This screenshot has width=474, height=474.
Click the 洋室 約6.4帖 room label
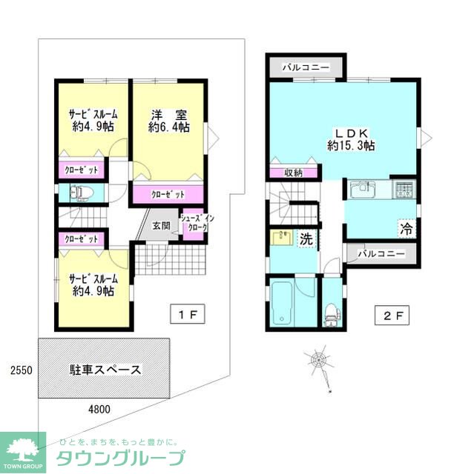point(168,121)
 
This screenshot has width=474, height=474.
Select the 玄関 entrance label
point(162,226)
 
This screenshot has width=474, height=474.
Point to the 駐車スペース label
point(105,370)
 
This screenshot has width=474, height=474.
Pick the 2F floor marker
point(392,315)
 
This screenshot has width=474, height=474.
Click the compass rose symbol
point(319,361)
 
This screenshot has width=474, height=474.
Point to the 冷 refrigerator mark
point(406,228)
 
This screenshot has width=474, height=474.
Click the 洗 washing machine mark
point(305,238)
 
